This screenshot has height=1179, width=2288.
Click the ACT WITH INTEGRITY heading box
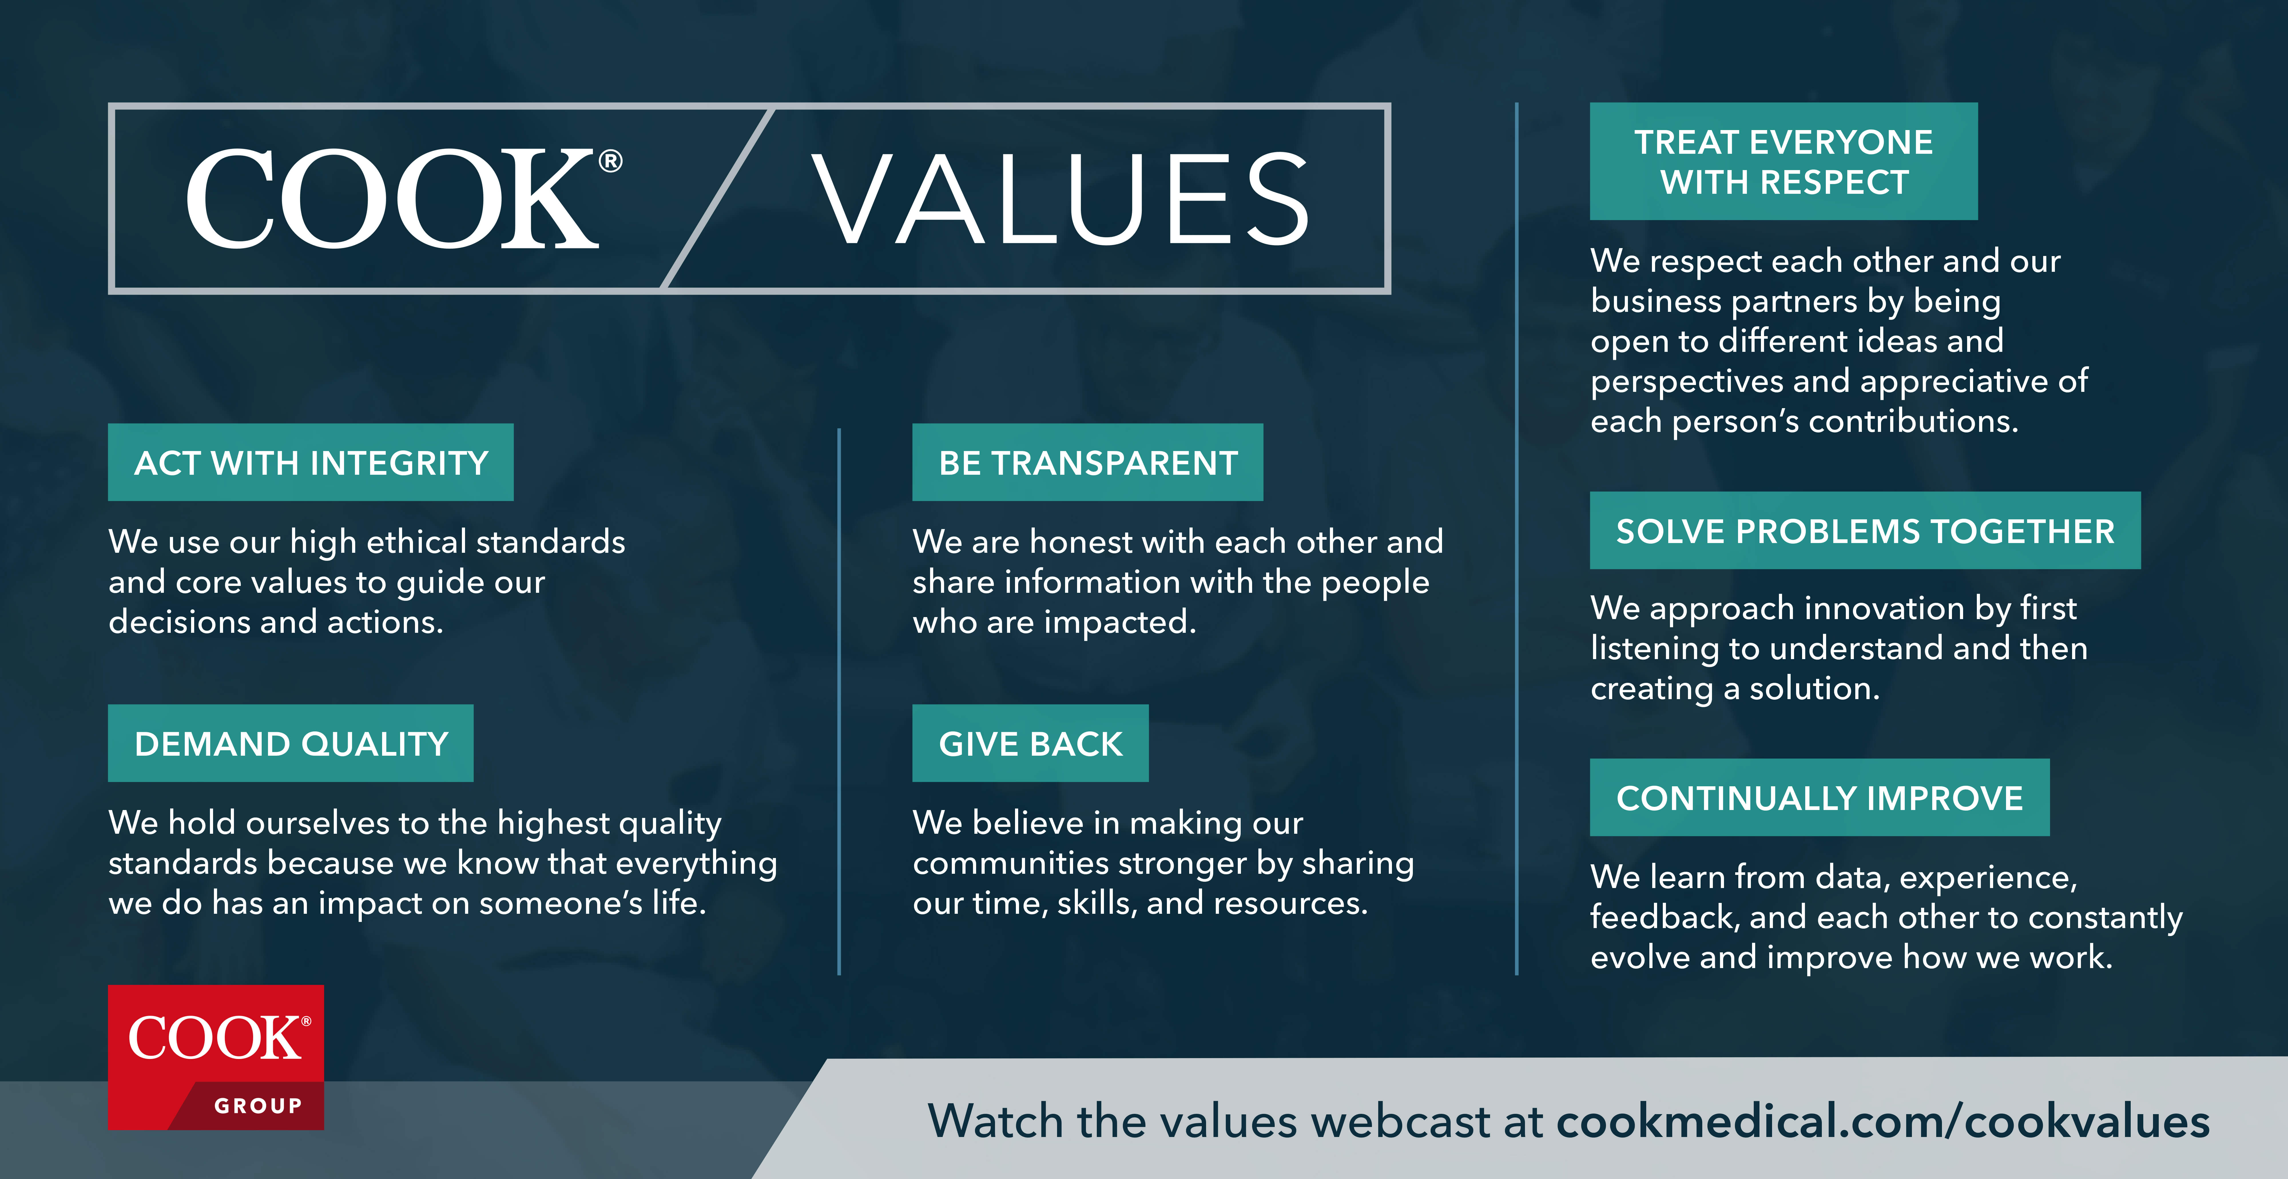(x=311, y=462)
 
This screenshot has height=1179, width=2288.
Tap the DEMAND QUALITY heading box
(x=291, y=743)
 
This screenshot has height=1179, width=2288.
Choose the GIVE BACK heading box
(x=1030, y=743)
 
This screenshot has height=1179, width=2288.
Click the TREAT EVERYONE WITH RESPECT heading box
(x=1783, y=161)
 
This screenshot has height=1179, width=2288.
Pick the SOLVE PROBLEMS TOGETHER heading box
(x=1865, y=531)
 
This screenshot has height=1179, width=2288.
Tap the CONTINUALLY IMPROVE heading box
(x=1819, y=797)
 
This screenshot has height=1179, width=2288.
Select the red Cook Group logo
(x=216, y=1056)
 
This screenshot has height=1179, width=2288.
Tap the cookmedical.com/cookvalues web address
(x=1883, y=1121)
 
